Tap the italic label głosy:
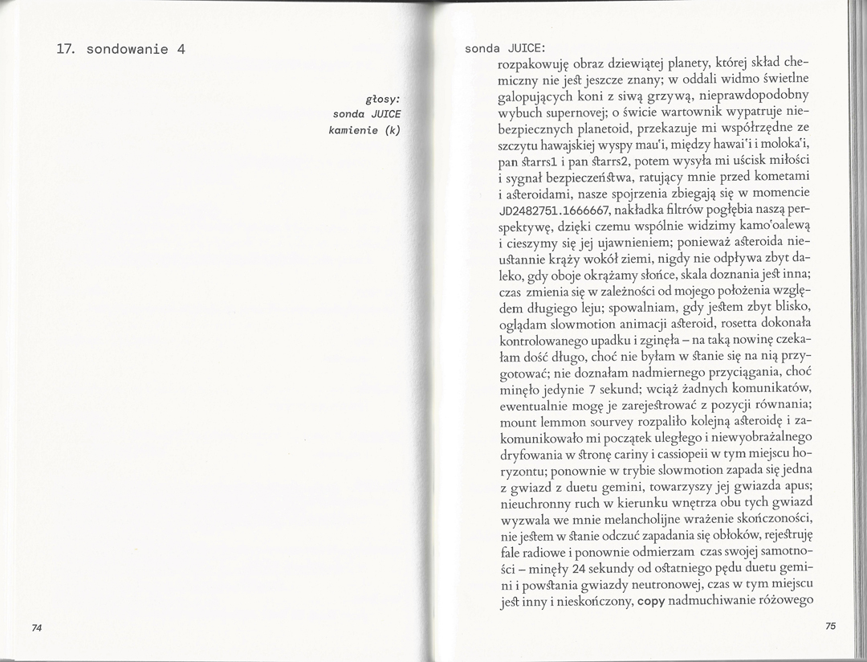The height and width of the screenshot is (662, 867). (x=383, y=100)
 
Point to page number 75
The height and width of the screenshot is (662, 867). (x=830, y=626)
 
